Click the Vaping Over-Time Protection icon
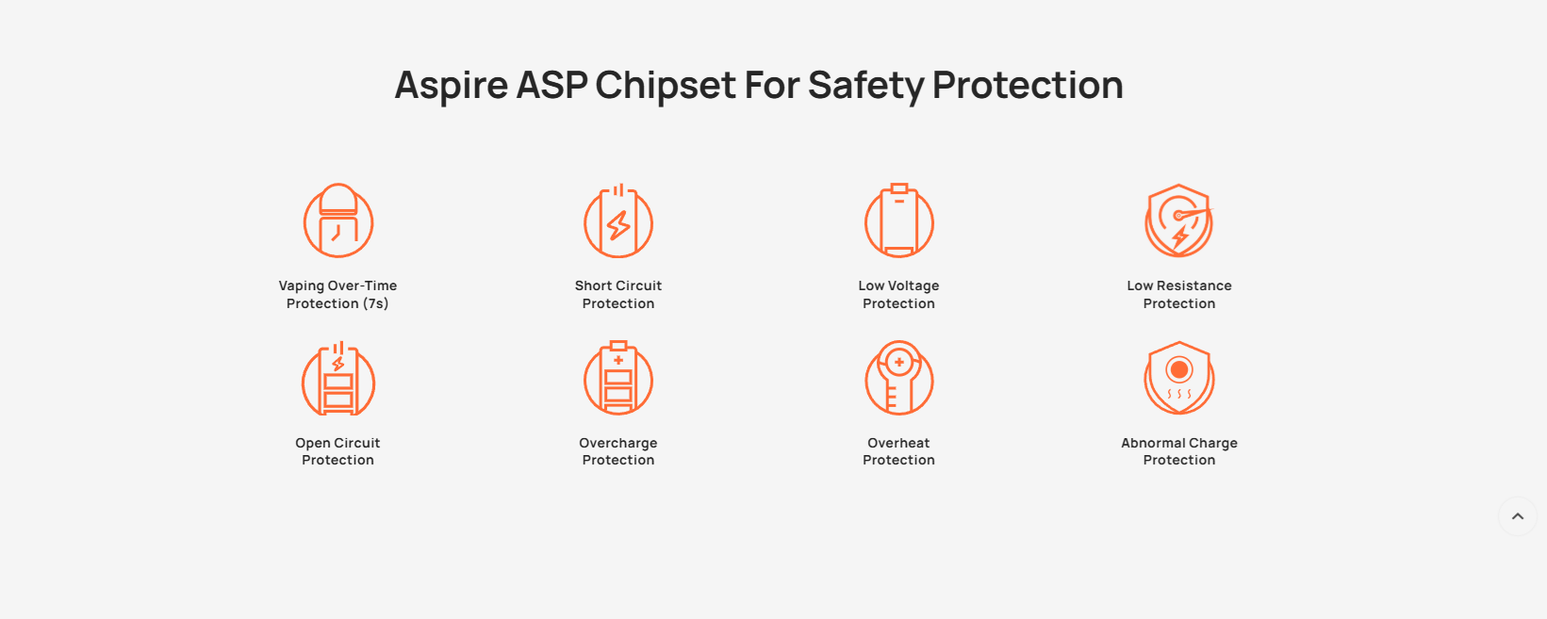click(338, 220)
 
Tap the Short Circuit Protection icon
click(618, 220)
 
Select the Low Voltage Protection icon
click(899, 220)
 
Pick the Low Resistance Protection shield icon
click(1179, 220)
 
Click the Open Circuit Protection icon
click(338, 378)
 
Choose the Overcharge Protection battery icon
click(618, 378)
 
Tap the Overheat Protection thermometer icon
click(899, 378)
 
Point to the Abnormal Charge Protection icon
click(1179, 378)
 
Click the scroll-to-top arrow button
click(1517, 516)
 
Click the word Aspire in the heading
click(451, 86)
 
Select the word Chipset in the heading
click(666, 86)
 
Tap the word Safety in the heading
click(866, 86)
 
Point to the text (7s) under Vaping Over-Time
click(376, 303)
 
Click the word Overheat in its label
click(898, 443)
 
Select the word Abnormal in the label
click(1151, 443)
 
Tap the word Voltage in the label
click(913, 286)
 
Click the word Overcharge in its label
click(618, 444)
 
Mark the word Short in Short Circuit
click(593, 285)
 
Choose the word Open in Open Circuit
click(313, 444)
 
